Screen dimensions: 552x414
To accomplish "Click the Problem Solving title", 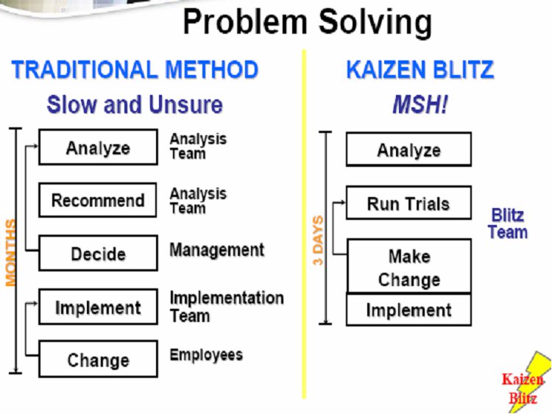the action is [308, 23].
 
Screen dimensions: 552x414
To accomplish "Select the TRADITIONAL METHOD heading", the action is [135, 69].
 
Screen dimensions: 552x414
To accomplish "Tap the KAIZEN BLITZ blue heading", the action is [420, 69].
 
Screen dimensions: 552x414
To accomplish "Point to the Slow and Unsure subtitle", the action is [135, 104].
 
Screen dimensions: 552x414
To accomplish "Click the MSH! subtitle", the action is [420, 105].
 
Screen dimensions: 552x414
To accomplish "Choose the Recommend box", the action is [98, 200].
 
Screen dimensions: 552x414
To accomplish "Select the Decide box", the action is [98, 253].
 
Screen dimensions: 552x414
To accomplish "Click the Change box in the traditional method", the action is [98, 359].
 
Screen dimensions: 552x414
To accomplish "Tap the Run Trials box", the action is [408, 203].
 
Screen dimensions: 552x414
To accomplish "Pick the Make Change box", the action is [409, 266].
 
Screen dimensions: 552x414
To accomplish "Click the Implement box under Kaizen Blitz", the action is [408, 310].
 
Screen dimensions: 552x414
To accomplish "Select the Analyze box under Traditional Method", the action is [98, 147].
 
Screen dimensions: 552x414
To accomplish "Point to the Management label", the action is [217, 250].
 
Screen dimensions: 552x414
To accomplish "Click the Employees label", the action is [206, 355].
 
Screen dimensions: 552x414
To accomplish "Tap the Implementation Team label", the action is [227, 307].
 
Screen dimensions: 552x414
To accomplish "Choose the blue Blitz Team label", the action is [508, 224].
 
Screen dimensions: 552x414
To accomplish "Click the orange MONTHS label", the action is [10, 252].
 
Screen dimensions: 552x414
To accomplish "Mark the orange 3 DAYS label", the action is [317, 240].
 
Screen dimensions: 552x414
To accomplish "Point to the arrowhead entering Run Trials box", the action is [343, 202].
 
